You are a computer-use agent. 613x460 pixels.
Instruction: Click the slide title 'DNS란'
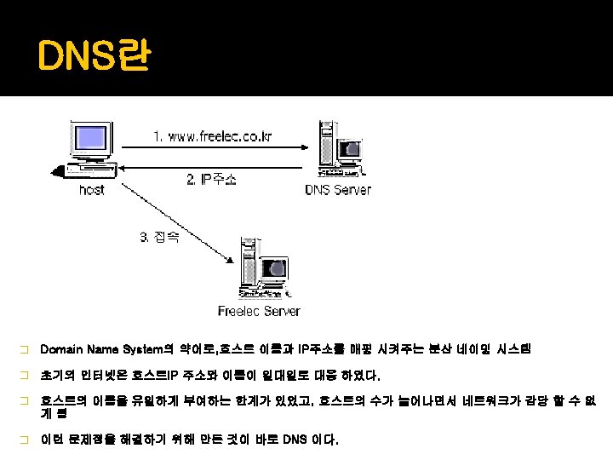click(94, 59)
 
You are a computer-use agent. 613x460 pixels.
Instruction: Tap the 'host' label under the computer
click(91, 189)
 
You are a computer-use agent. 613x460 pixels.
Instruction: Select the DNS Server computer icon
click(341, 150)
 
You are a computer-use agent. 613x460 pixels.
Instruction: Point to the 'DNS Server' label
click(338, 189)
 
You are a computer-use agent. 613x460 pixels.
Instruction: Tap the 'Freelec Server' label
click(259, 311)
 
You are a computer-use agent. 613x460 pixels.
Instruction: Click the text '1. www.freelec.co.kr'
click(213, 135)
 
